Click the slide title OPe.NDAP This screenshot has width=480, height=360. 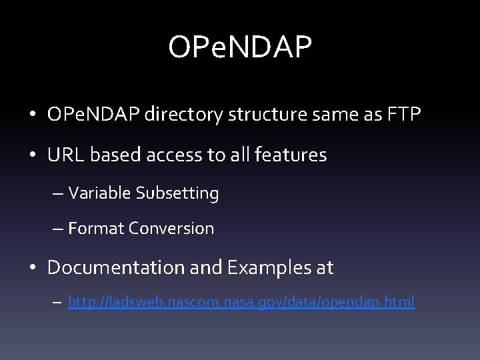click(240, 47)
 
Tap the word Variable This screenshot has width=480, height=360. click(99, 193)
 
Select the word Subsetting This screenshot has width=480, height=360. click(177, 193)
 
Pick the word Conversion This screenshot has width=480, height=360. click(172, 229)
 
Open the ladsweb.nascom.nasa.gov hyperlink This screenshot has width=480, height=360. click(241, 303)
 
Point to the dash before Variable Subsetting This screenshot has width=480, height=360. click(57, 194)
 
